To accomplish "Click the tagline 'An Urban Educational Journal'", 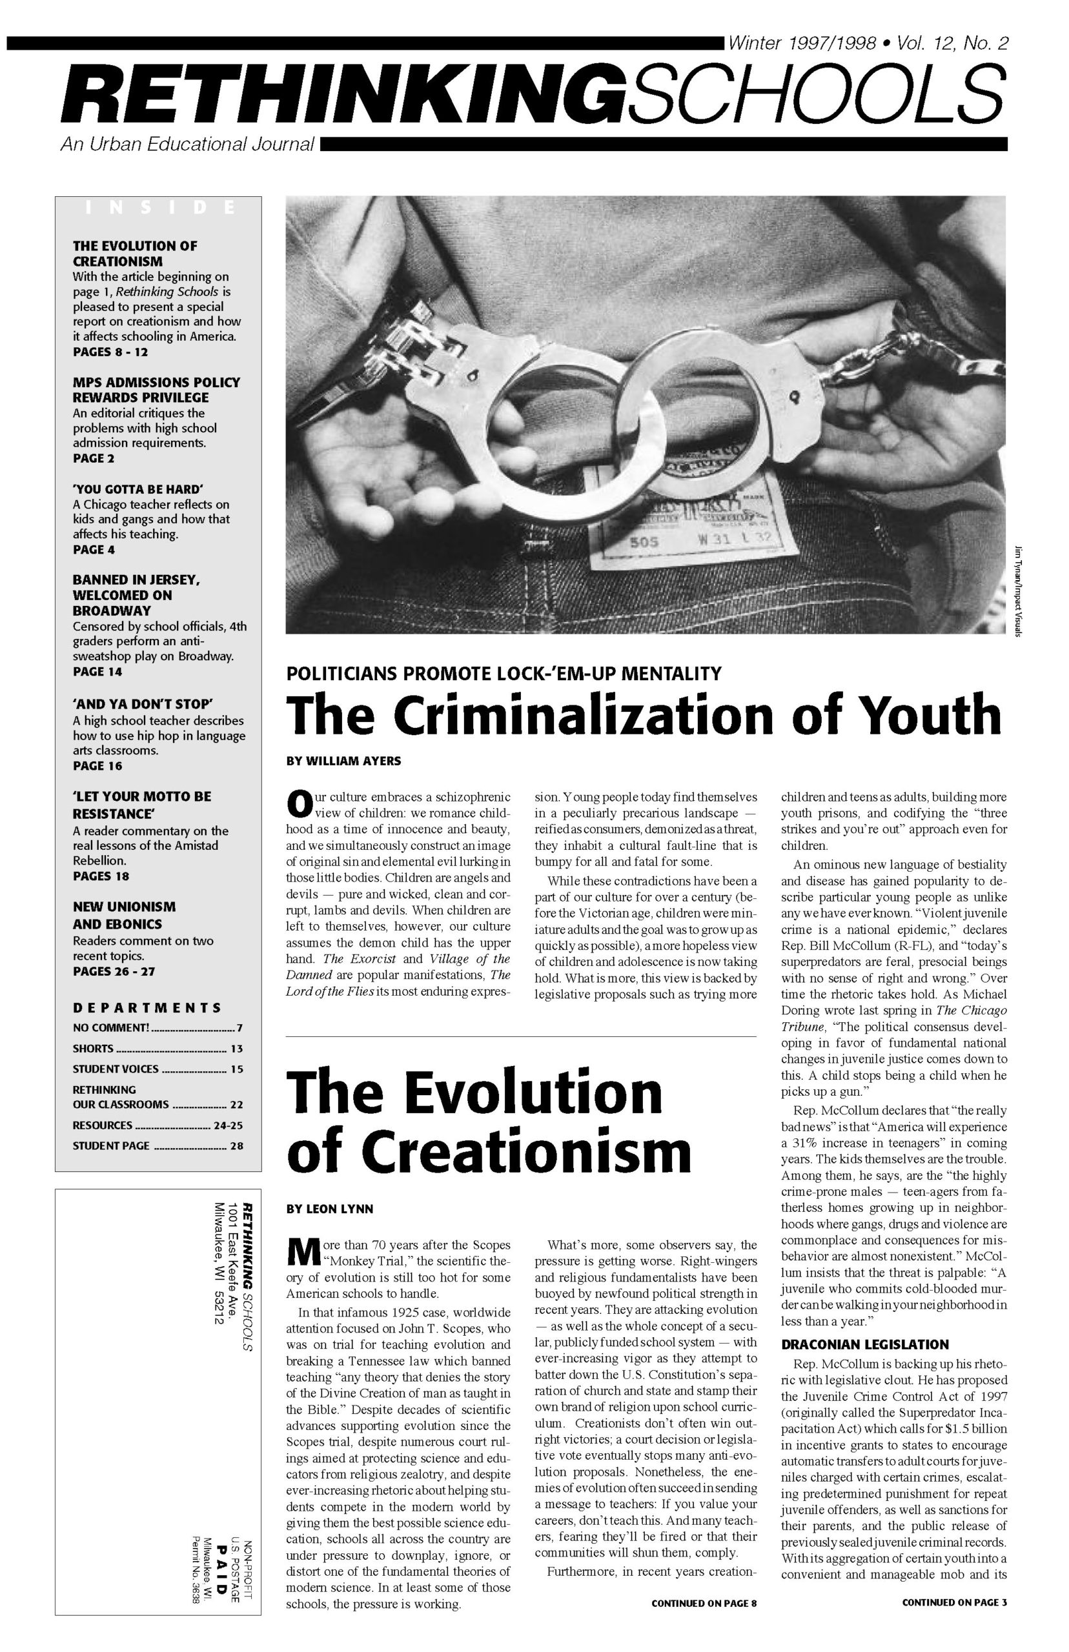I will coord(187,145).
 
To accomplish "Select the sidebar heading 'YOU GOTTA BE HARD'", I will coord(137,489).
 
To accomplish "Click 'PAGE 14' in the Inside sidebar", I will coord(98,672).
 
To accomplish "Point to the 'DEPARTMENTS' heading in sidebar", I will coord(147,1007).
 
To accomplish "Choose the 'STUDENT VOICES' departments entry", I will coord(116,1069).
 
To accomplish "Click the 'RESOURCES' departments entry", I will coord(103,1125).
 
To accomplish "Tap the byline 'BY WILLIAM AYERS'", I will coord(343,761).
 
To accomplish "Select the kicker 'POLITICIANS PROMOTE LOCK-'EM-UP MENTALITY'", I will coord(504,673).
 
